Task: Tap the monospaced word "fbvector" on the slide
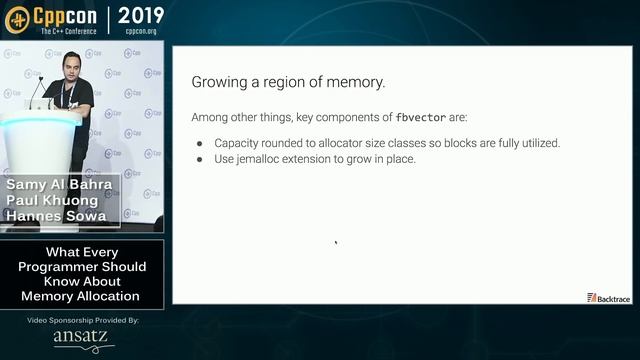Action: [419, 117]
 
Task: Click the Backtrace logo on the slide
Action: [609, 297]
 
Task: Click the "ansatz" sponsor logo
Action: [83, 338]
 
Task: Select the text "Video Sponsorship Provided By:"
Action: [83, 320]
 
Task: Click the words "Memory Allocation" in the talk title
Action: [83, 296]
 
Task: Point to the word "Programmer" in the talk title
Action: [64, 267]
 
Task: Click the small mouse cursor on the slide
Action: [336, 242]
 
